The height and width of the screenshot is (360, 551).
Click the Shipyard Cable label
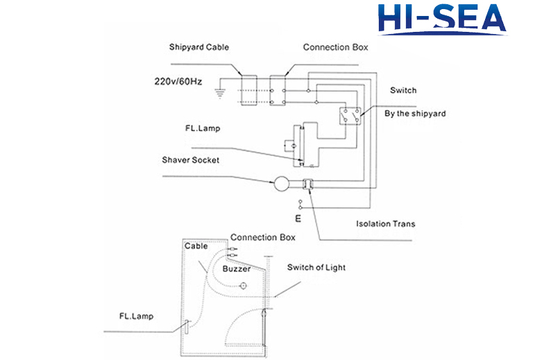tap(198, 48)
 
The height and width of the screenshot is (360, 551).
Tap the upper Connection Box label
tap(336, 48)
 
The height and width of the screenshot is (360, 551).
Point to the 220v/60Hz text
tap(178, 81)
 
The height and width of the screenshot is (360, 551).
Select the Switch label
tap(403, 91)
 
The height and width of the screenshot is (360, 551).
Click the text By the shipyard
tap(415, 113)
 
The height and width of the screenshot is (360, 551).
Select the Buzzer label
tap(236, 267)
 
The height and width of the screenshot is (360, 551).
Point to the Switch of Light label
tap(316, 267)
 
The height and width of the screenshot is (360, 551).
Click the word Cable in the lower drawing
tap(196, 246)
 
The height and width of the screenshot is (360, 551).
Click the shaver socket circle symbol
tap(282, 185)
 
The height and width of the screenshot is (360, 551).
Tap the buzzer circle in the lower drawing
tap(243, 286)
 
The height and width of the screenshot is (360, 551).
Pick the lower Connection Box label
tap(262, 237)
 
